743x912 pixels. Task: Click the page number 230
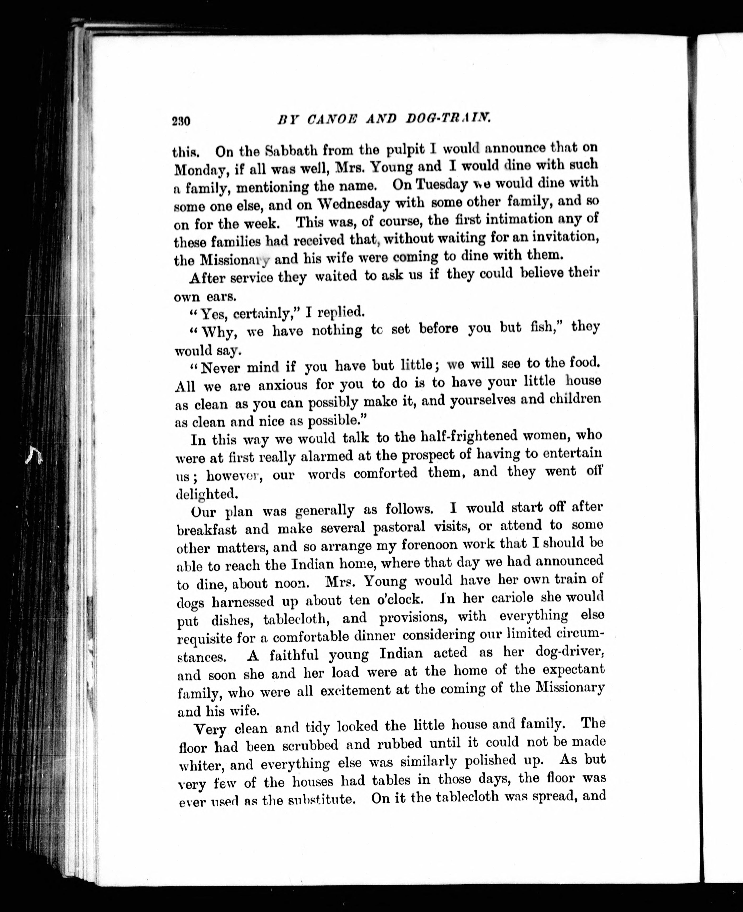coord(181,121)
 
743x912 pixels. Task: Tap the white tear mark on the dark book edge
coord(33,455)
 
